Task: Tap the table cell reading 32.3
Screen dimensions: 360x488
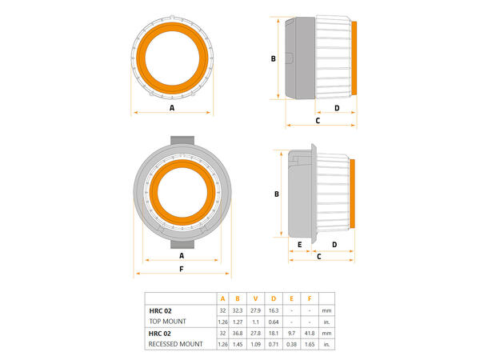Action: (x=238, y=310)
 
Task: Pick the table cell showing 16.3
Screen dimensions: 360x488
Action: (x=274, y=310)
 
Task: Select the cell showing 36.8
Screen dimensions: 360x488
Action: (x=238, y=333)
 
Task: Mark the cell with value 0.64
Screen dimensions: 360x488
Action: (x=274, y=321)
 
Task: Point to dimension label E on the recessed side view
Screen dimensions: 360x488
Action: (x=299, y=244)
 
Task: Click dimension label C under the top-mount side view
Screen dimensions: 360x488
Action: (x=318, y=120)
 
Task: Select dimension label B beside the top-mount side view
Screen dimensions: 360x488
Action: (x=273, y=58)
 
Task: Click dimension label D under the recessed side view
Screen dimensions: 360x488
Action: (x=334, y=244)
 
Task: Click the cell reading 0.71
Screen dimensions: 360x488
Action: (x=274, y=344)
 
